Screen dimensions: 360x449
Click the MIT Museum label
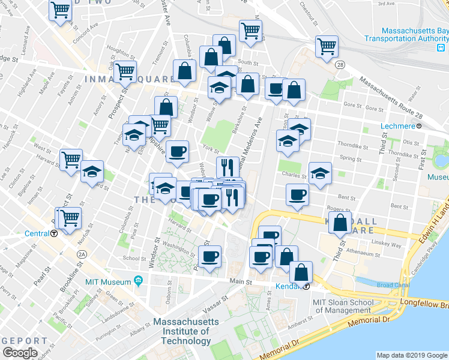(108, 282)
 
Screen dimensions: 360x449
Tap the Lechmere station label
(398, 126)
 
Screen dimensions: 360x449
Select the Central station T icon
(54, 234)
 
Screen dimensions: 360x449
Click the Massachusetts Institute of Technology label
(185, 331)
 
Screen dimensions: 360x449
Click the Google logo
(20, 353)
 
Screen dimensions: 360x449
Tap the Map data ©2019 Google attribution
(412, 355)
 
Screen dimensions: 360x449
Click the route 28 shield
(340, 65)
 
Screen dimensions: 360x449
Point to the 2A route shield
(82, 254)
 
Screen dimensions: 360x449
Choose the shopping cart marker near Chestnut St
(327, 46)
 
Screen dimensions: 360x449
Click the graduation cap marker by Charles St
(320, 173)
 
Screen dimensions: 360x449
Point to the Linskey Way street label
(388, 245)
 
